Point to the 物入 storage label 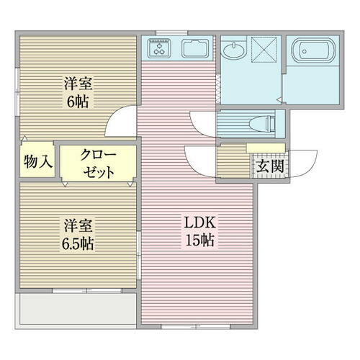pyautogui.click(x=37, y=162)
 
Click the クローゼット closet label pyautogui.click(x=98, y=163)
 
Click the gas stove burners pyautogui.click(x=159, y=50)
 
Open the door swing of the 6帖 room pyautogui.click(x=122, y=122)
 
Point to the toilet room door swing pyautogui.click(x=202, y=123)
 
